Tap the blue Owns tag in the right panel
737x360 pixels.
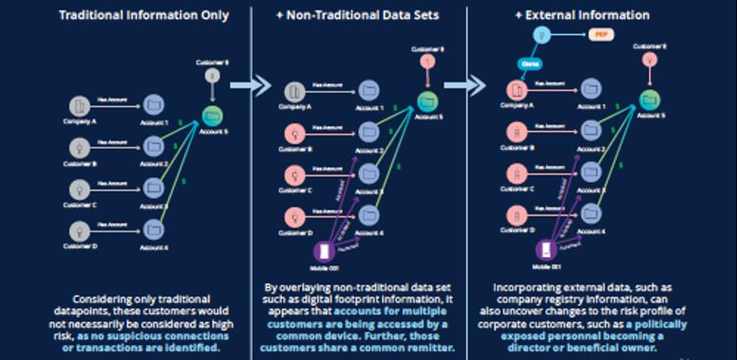click(x=530, y=63)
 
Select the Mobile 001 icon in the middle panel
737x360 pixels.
click(x=323, y=251)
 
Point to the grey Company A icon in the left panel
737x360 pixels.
click(x=81, y=105)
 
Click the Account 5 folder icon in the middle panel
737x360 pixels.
click(x=427, y=100)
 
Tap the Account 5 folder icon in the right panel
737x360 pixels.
click(x=650, y=100)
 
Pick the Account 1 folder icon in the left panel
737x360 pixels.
click(x=154, y=105)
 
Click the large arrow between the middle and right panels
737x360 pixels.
click(x=479, y=84)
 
